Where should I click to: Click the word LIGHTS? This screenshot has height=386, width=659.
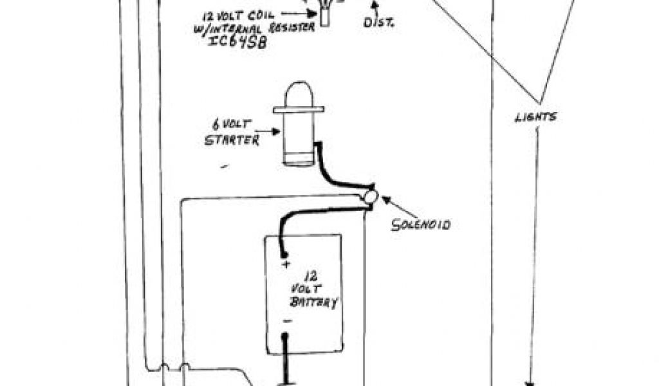click(535, 117)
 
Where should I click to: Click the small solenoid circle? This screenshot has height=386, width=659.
click(370, 198)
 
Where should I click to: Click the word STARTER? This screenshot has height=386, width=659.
click(232, 140)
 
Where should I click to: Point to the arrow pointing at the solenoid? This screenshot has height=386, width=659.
click(394, 207)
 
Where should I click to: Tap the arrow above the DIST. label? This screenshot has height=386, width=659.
click(372, 8)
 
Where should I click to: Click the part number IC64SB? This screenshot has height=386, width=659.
click(235, 42)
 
